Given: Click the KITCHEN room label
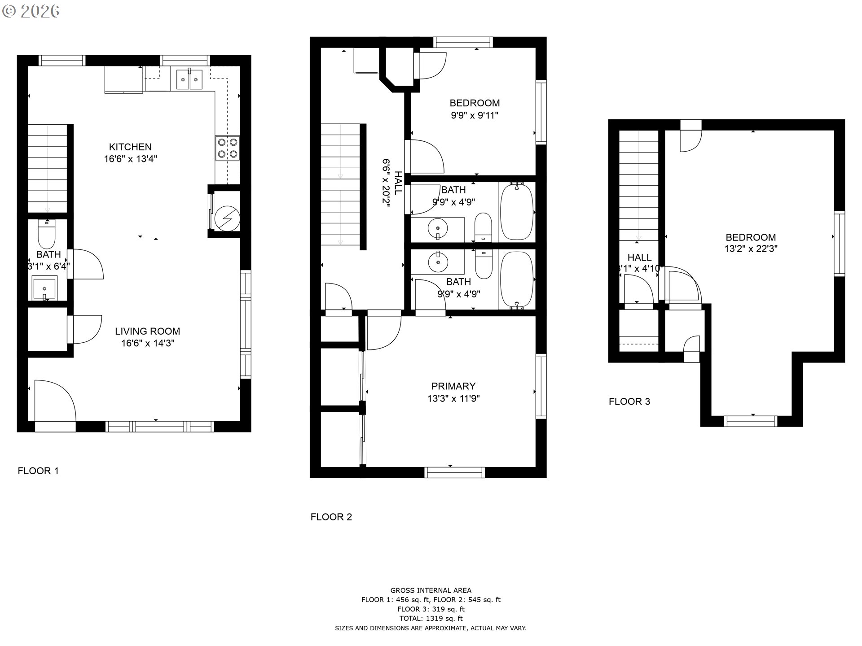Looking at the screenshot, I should pyautogui.click(x=130, y=147).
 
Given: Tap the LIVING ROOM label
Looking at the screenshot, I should pyautogui.click(x=147, y=331).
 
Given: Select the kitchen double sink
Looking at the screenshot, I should pyautogui.click(x=189, y=79).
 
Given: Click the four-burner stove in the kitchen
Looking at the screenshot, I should pyautogui.click(x=227, y=148).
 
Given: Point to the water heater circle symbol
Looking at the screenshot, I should pyautogui.click(x=226, y=219).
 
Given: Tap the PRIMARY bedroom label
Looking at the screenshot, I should pyautogui.click(x=453, y=386).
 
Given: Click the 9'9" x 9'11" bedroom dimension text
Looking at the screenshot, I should pyautogui.click(x=475, y=115).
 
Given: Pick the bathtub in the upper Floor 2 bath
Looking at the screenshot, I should pyautogui.click(x=517, y=212).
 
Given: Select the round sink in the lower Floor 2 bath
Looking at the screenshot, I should pyautogui.click(x=437, y=262).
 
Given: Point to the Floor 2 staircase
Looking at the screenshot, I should pyautogui.click(x=341, y=184).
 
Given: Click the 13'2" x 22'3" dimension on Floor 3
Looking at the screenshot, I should pyautogui.click(x=751, y=249).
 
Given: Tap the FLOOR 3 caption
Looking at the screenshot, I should pyautogui.click(x=629, y=402).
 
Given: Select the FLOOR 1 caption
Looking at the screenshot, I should pyautogui.click(x=38, y=471).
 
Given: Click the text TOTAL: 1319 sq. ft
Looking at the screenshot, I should pyautogui.click(x=431, y=618).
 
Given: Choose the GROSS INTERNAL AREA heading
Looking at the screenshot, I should pyautogui.click(x=431, y=590).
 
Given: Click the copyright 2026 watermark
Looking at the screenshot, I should pyautogui.click(x=31, y=11).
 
